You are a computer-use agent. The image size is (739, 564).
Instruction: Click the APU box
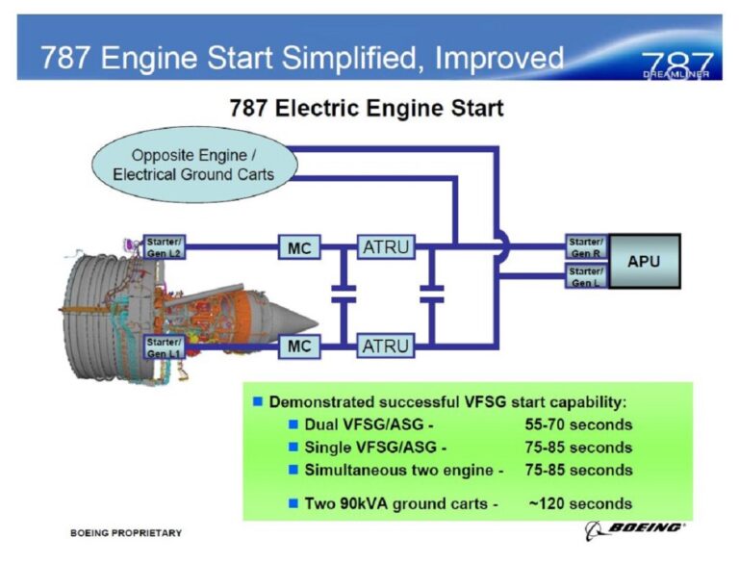644,261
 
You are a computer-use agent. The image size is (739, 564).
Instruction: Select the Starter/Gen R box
585,247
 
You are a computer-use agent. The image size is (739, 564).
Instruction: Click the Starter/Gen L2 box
164,247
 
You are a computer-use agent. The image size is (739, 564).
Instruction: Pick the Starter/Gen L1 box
164,346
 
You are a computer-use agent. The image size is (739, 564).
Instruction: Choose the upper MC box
299,247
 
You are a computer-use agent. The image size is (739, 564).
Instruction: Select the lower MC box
299,346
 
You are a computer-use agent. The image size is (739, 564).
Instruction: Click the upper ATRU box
385,247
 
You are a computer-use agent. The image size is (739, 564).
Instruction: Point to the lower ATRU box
385,346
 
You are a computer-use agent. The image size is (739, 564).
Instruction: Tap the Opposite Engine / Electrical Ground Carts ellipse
193,165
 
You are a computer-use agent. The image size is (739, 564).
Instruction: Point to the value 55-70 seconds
578,424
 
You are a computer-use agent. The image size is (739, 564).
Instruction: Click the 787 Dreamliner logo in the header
676,64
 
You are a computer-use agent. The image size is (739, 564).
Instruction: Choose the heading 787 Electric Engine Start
366,108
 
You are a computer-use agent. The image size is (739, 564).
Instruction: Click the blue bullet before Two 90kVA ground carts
294,502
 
